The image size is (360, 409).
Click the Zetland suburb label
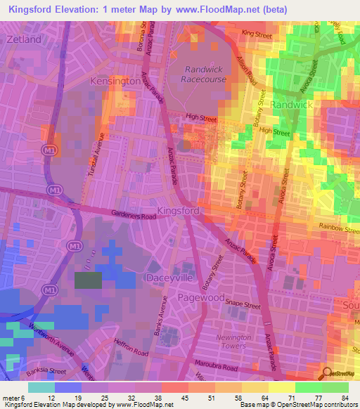(x=24, y=39)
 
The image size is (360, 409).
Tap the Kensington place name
(x=116, y=82)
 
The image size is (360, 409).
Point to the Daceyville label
(x=168, y=278)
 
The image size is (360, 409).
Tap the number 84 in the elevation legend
(x=344, y=398)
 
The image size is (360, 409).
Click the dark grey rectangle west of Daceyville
(x=88, y=280)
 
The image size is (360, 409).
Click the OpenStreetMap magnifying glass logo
(x=328, y=374)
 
